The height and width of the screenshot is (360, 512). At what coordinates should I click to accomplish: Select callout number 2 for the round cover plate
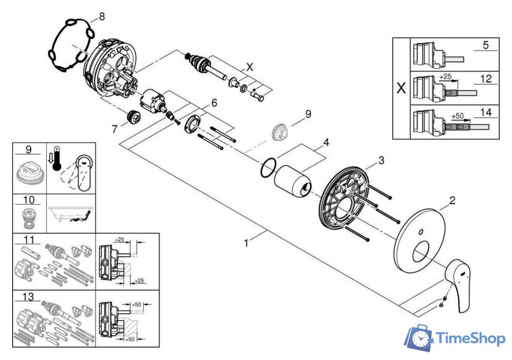[452, 200]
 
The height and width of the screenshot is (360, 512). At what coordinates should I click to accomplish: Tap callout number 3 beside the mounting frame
[381, 160]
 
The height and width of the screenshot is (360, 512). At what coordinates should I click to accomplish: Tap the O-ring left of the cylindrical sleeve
[266, 168]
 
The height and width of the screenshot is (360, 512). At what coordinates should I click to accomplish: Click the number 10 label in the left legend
[27, 200]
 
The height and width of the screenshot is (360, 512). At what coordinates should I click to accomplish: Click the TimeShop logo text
[469, 339]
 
